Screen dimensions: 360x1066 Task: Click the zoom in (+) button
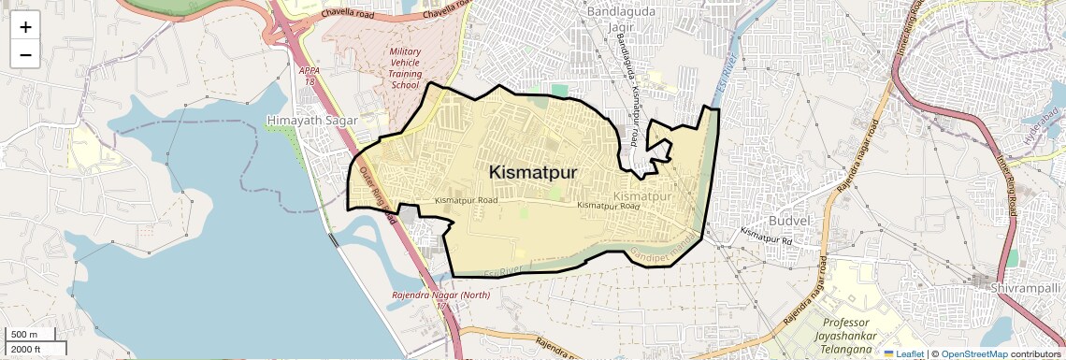coord(25,27)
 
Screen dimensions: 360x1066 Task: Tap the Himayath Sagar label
coord(307,121)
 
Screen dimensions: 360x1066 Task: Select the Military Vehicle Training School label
coord(406,68)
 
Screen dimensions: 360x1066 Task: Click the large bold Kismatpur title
coord(533,173)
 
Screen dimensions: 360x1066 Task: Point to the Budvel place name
coord(787,219)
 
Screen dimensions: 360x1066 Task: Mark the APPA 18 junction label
coord(309,76)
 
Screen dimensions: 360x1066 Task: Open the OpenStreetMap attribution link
coord(973,353)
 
